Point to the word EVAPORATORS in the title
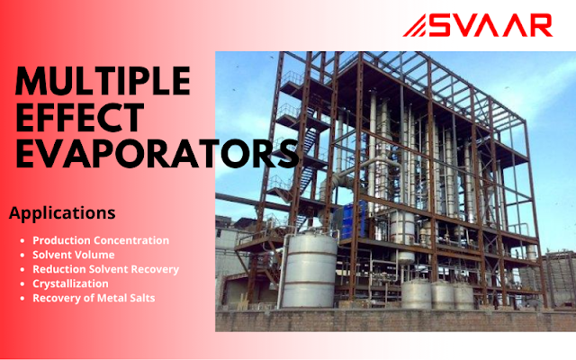tap(153, 154)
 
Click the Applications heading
tap(62, 213)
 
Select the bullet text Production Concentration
tap(101, 240)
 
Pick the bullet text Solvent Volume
tap(74, 255)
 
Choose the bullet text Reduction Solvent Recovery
tap(106, 269)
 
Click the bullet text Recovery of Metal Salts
tap(94, 297)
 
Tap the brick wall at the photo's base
tap(396, 320)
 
